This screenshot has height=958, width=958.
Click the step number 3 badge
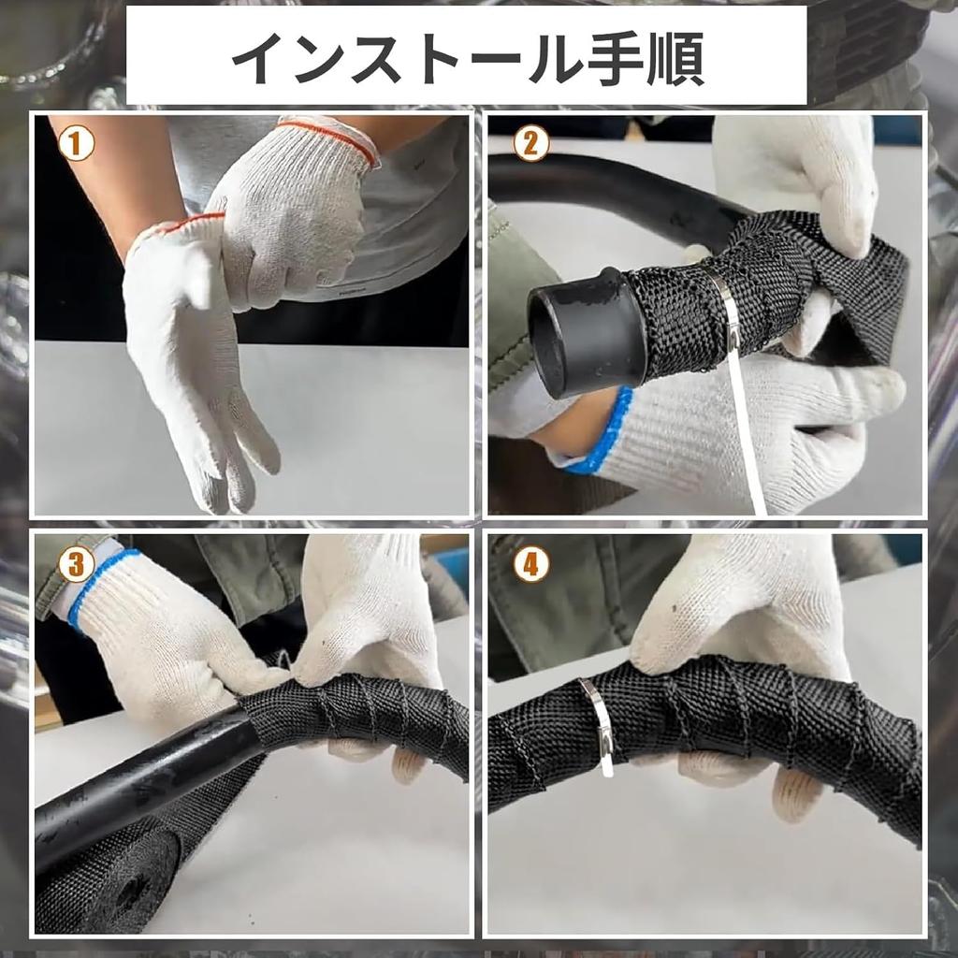[76, 563]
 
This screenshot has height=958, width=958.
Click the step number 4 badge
[530, 563]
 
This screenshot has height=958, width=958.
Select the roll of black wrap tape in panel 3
[122, 879]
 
